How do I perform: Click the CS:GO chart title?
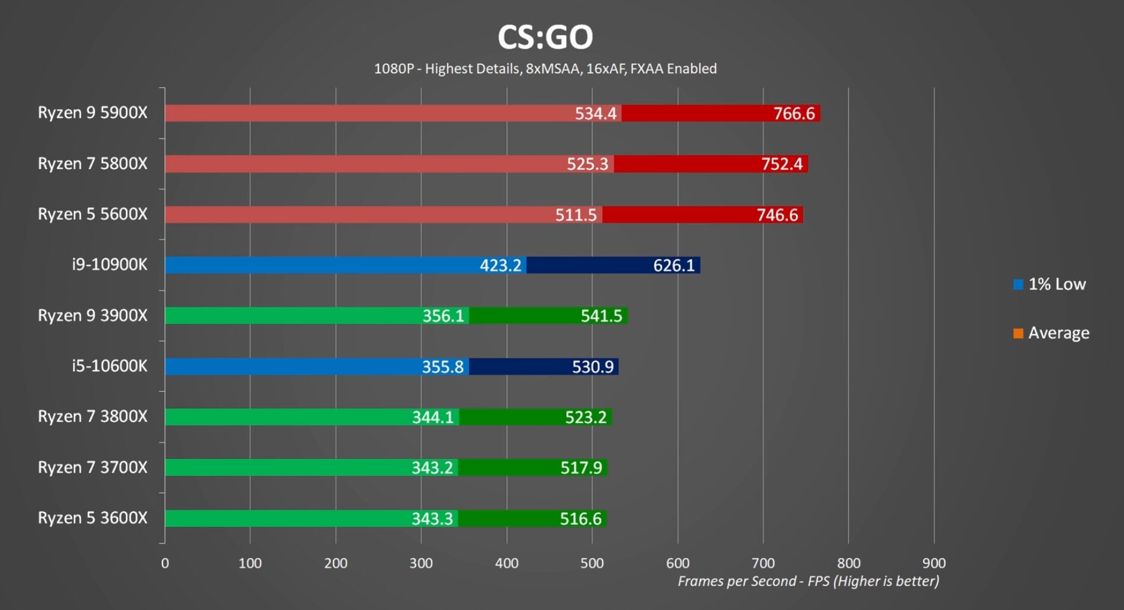tap(545, 37)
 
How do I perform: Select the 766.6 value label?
tap(794, 113)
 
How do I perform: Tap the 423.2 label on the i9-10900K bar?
tap(500, 265)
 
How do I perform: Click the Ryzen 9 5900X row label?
tap(92, 113)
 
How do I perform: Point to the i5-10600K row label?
tap(109, 366)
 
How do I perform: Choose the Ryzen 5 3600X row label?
tap(92, 518)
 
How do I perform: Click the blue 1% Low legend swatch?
tap(1018, 285)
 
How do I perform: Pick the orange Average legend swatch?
tap(1018, 333)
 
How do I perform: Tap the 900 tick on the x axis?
tap(934, 563)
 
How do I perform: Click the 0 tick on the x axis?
tap(165, 563)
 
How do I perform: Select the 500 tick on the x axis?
tap(592, 563)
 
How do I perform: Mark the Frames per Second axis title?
tap(808, 581)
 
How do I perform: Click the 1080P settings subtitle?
tap(545, 69)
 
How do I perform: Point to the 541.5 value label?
tap(601, 316)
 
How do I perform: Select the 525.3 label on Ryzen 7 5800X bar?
tap(587, 164)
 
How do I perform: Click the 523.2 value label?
tap(585, 417)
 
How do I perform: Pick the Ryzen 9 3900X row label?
tap(92, 315)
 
